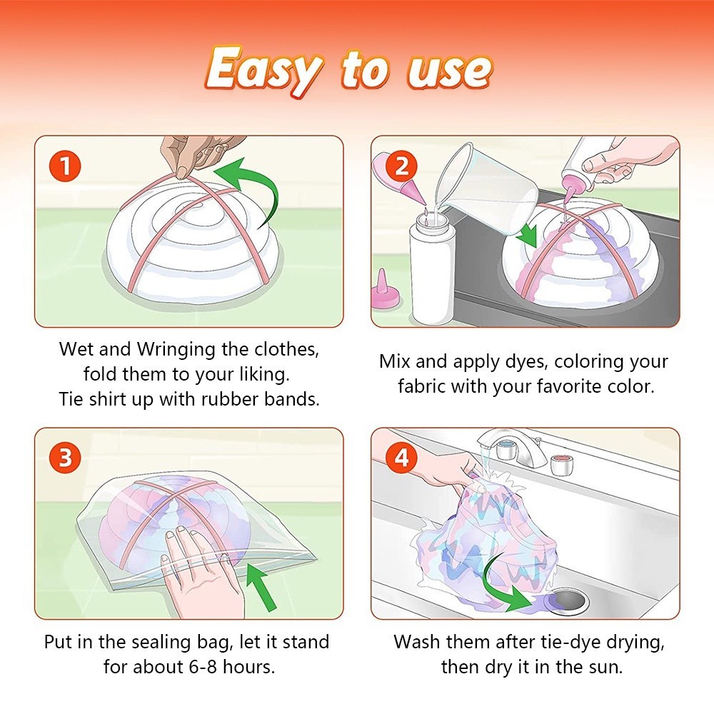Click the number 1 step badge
pyautogui.click(x=65, y=166)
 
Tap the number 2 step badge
pyautogui.click(x=401, y=166)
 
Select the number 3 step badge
pyautogui.click(x=65, y=457)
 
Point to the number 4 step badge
pyautogui.click(x=401, y=457)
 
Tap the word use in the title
pyautogui.click(x=449, y=71)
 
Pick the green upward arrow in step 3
pyautogui.click(x=261, y=586)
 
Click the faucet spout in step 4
pyautogui.click(x=506, y=444)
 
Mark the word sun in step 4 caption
pyautogui.click(x=605, y=668)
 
